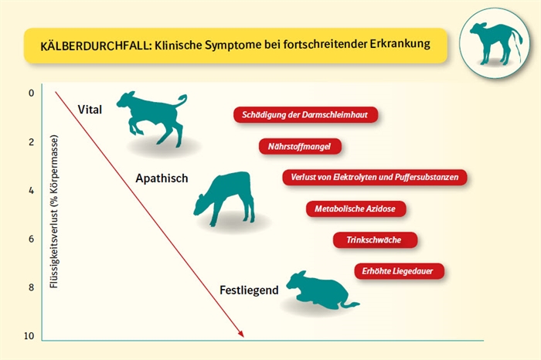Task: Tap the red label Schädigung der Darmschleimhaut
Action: click(306, 115)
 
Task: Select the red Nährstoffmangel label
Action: click(300, 147)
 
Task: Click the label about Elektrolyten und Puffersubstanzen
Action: click(375, 177)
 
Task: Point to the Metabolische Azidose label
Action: click(356, 209)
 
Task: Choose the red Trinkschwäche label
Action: click(375, 240)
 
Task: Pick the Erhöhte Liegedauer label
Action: click(400, 271)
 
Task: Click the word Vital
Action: click(90, 110)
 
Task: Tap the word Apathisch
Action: click(162, 178)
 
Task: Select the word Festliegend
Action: click(249, 290)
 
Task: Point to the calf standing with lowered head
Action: click(224, 199)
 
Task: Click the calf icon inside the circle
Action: click(496, 43)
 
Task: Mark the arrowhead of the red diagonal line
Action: click(241, 334)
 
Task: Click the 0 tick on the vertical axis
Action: click(32, 93)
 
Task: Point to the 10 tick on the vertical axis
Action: click(29, 336)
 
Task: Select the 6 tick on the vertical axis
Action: click(32, 239)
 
